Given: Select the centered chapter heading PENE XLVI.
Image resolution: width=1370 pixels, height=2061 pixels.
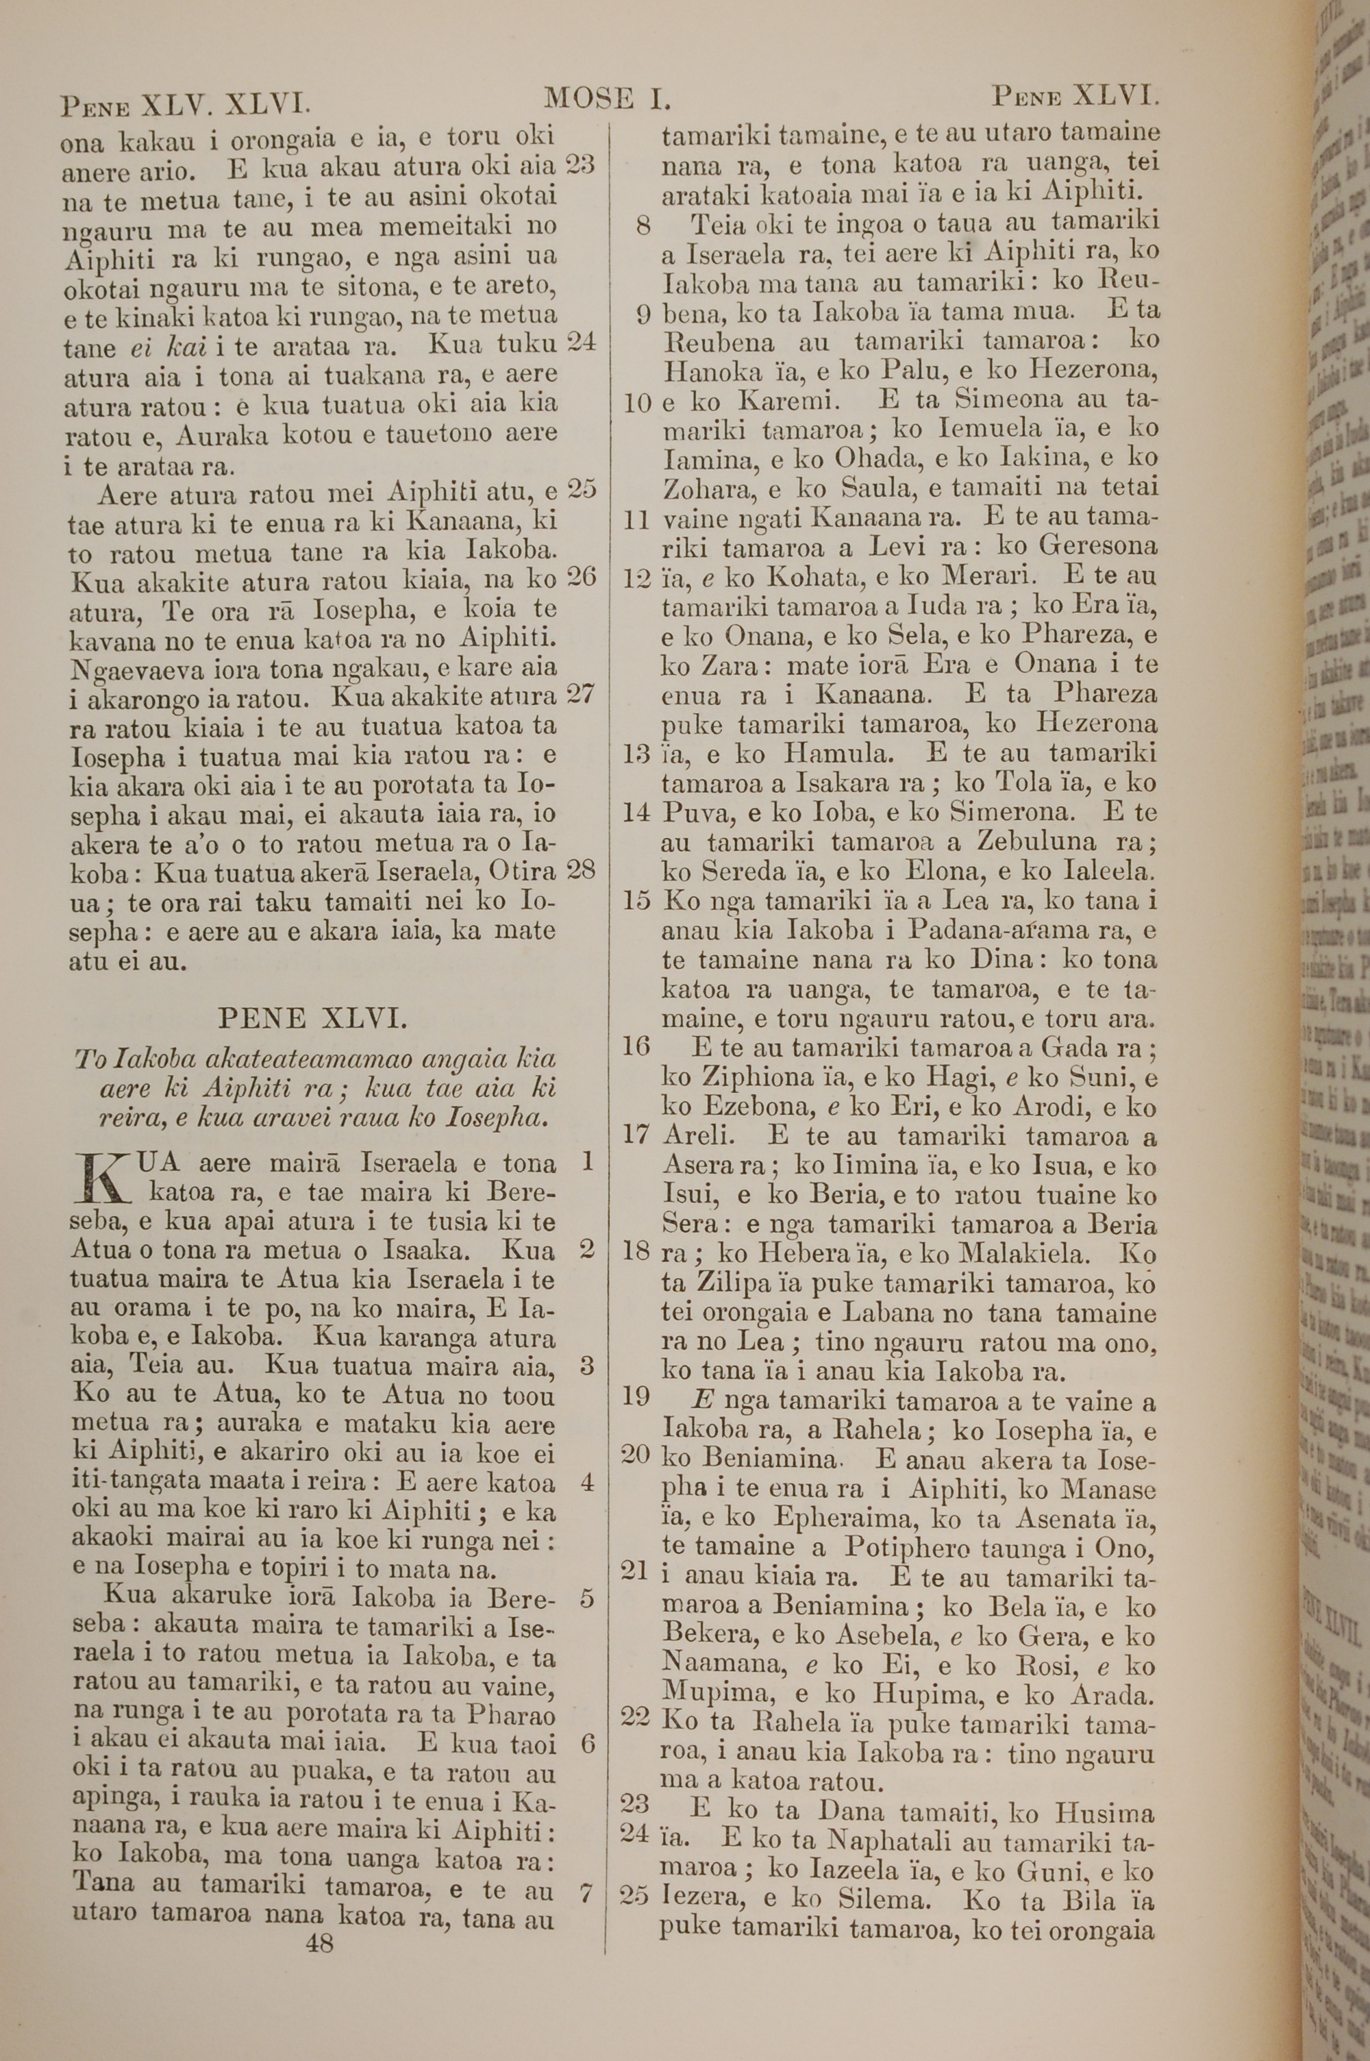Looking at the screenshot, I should (311, 1019).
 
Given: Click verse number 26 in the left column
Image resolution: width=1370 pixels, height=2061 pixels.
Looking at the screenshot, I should (581, 577).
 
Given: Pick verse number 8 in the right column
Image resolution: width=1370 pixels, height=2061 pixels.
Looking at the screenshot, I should (643, 225).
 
